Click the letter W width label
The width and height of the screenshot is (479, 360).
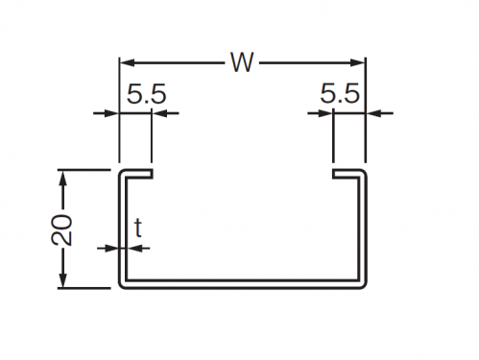242,62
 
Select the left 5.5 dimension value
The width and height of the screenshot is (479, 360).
147,94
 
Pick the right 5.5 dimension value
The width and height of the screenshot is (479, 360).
340,93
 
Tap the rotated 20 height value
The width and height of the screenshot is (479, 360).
61,229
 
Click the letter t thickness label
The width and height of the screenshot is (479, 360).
138,228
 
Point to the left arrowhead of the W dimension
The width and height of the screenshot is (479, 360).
127,62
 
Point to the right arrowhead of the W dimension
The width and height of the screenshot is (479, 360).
358,62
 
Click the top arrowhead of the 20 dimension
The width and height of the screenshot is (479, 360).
63,178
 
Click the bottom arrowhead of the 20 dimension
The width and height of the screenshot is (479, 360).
63,280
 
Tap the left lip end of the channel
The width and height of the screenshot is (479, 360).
152,174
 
